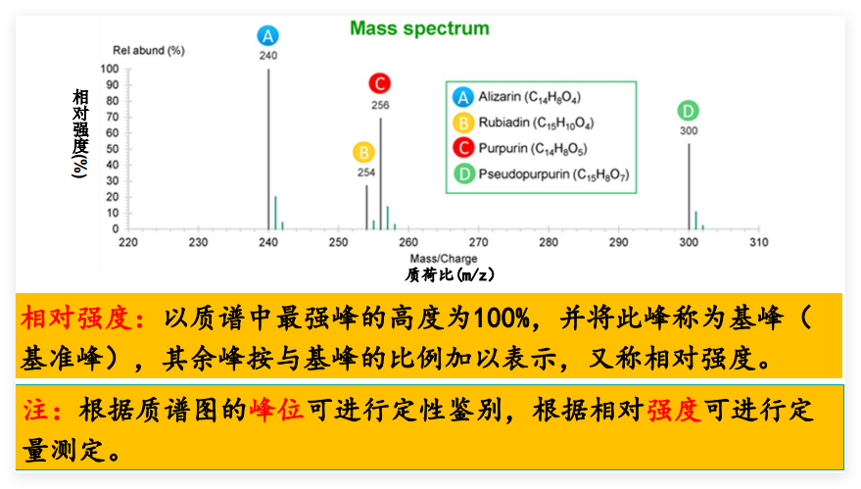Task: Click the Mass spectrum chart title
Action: tap(419, 27)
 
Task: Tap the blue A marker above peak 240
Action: tap(268, 36)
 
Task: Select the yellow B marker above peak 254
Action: tap(364, 153)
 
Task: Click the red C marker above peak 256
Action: tap(380, 84)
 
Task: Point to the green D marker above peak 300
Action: tap(689, 111)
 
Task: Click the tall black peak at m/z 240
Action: tap(268, 147)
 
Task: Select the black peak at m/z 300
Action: tap(689, 186)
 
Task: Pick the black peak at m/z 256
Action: tap(380, 171)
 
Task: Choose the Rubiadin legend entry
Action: tap(535, 122)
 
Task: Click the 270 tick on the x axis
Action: tap(478, 241)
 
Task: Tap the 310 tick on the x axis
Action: tap(758, 241)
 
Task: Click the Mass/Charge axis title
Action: tap(444, 259)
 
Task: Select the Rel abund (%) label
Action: tap(149, 50)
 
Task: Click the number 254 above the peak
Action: tap(365, 172)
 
